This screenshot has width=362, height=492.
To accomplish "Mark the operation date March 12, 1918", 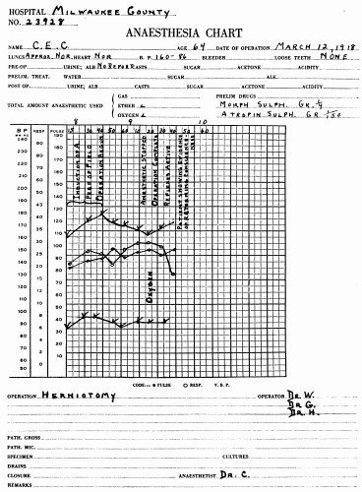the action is point(317,44).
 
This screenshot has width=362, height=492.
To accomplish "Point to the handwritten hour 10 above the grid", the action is point(203,122).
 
